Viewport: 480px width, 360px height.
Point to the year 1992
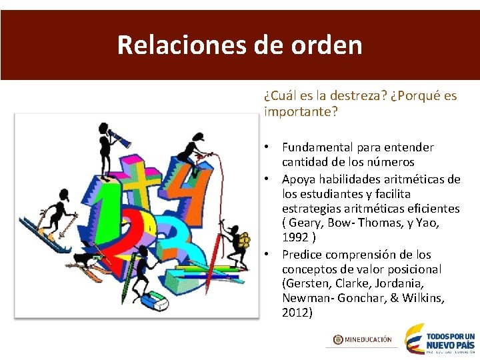point(295,238)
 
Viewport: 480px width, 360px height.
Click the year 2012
point(297,312)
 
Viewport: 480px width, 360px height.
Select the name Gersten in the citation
point(305,283)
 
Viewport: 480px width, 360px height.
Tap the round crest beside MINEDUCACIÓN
point(339,339)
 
